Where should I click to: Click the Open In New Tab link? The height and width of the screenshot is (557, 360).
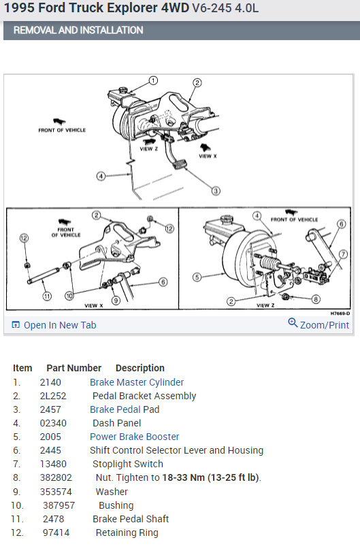pos(54,325)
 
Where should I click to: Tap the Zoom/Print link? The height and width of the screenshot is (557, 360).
pos(318,324)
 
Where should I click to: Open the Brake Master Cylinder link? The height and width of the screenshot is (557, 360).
pos(137,382)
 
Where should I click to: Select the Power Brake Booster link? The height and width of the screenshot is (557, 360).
pos(134,437)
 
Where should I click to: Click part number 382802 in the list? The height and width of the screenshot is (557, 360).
pos(56,478)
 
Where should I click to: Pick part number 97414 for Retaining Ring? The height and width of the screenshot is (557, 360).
pos(56,533)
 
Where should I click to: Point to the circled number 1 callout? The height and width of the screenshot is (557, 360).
pos(153,81)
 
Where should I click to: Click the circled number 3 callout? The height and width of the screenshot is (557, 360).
pos(216,191)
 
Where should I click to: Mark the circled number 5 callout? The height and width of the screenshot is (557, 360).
pos(197,277)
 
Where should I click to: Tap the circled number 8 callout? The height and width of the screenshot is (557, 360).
pos(316,299)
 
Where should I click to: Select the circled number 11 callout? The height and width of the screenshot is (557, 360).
pos(47,296)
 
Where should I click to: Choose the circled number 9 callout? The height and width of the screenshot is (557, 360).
pos(116,301)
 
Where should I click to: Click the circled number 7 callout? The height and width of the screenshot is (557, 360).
pos(343,254)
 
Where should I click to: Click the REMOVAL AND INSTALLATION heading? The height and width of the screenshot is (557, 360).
pos(78,30)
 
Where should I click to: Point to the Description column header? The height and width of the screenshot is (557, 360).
pos(140,368)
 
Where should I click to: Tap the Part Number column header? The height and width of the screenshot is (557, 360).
pos(74,368)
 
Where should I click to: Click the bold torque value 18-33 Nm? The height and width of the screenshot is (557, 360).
pos(183,478)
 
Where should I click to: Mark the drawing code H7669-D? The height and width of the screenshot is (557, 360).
pos(340,314)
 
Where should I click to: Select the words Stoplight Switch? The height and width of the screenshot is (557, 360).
pos(128,464)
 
